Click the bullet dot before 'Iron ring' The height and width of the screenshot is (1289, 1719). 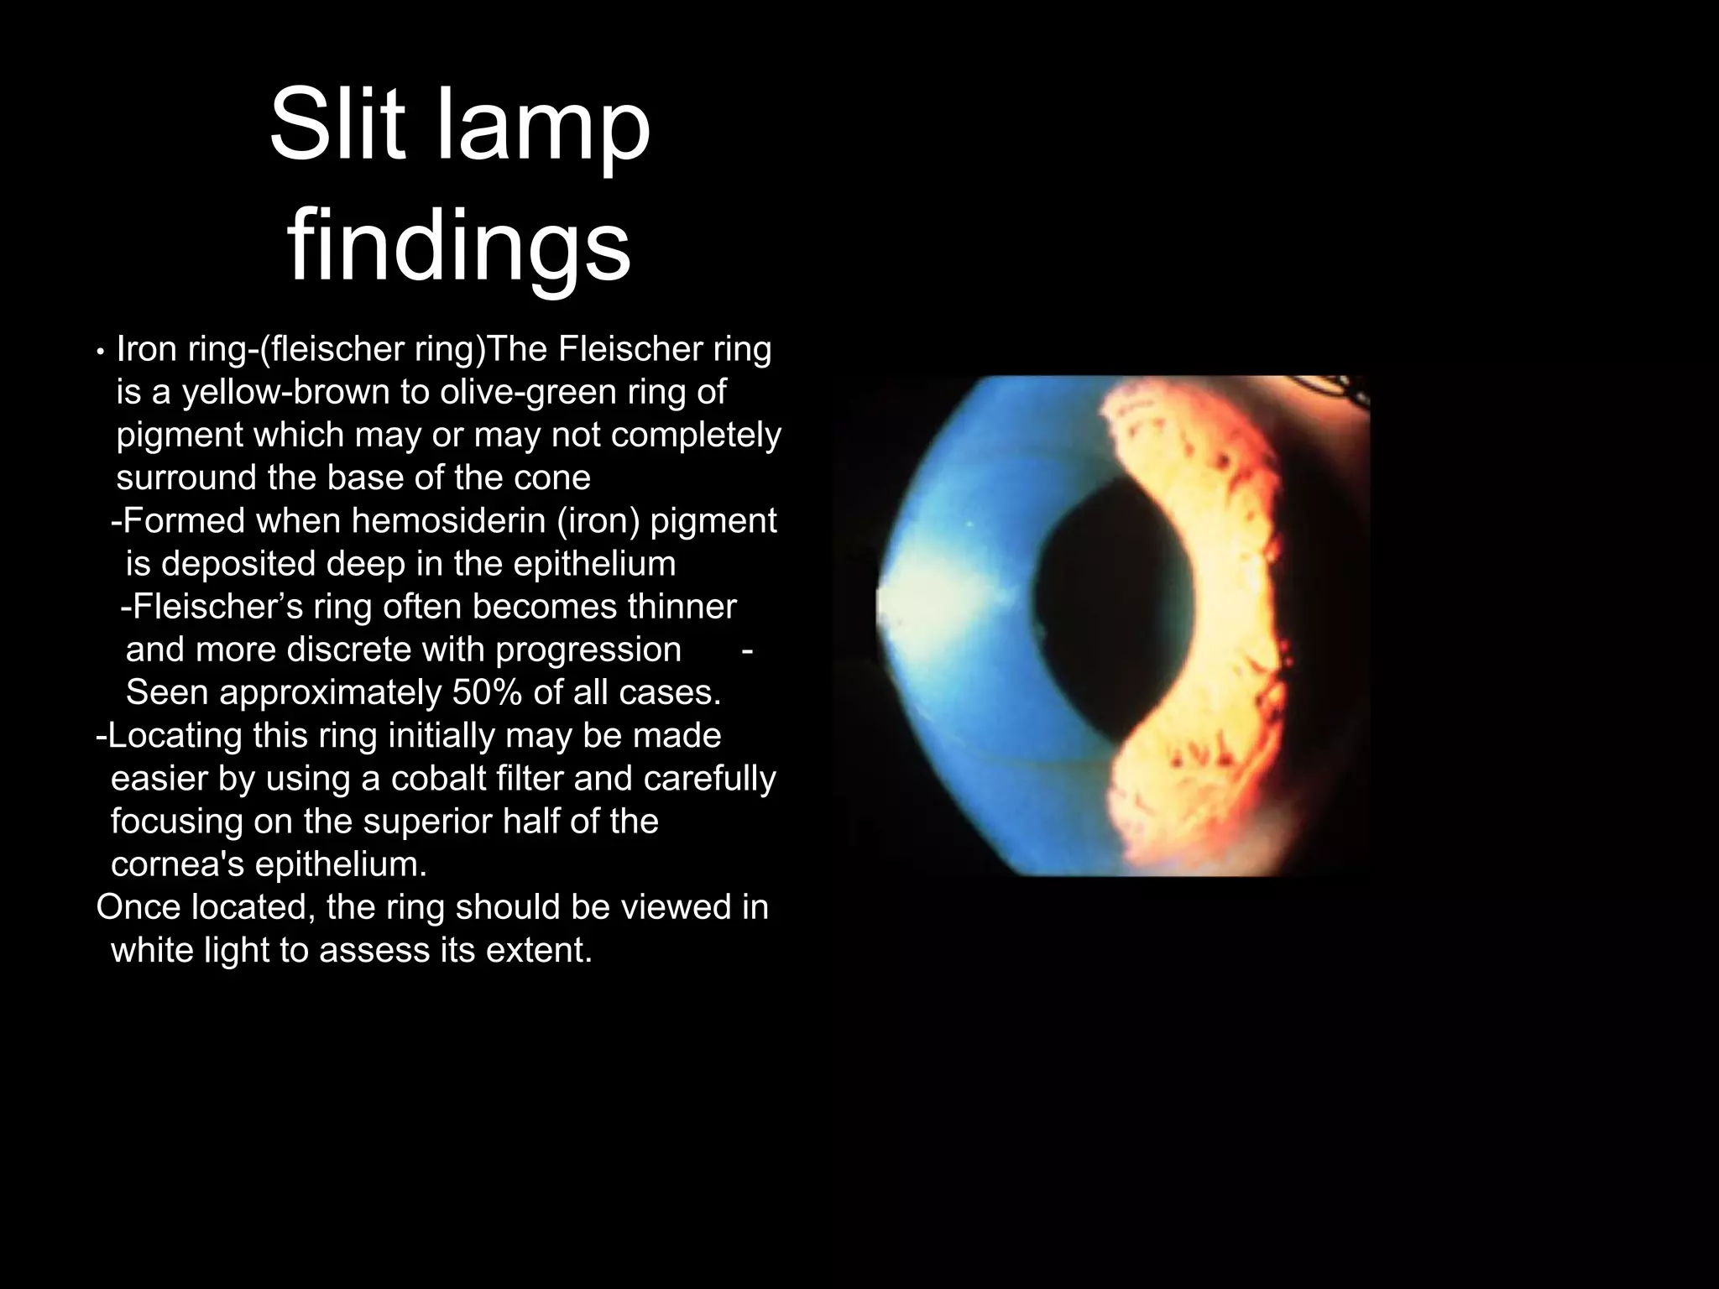100,352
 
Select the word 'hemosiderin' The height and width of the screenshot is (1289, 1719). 448,521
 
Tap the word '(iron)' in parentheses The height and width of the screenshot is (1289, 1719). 599,521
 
